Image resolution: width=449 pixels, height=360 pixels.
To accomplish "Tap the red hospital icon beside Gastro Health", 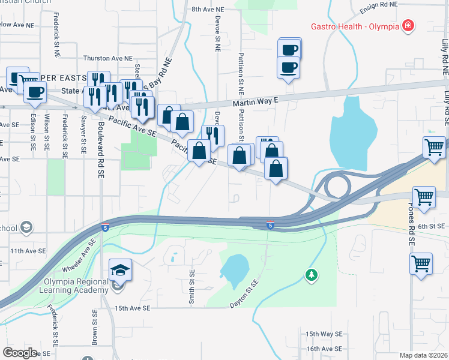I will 408,25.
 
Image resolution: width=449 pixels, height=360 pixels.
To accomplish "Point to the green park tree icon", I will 311,275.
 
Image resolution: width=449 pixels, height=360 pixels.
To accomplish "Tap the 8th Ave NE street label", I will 207,10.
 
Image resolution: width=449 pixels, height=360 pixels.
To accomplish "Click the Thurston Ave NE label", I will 108,58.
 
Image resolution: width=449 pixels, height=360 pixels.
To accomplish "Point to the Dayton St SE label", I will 243,294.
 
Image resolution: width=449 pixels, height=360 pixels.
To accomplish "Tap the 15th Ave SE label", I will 132,308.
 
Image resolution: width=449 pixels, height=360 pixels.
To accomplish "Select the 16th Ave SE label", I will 324,349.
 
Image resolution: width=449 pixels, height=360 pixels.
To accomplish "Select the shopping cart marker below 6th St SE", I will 421,263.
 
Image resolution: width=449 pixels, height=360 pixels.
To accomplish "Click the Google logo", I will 20,352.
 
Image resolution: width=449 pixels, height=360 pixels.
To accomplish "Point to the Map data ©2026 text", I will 424,355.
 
